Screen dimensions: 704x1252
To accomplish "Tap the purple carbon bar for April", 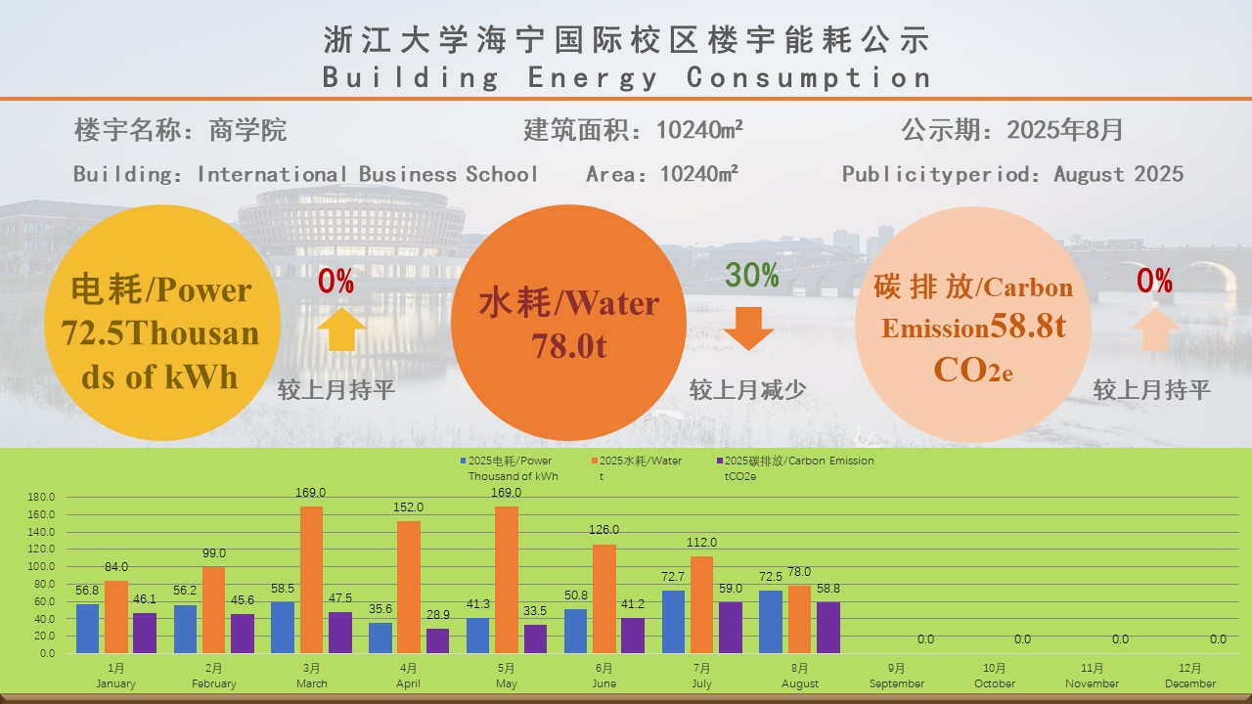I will click(x=437, y=640).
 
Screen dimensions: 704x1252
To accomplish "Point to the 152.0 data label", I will click(x=408, y=507).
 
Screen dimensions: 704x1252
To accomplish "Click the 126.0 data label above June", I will click(x=604, y=530).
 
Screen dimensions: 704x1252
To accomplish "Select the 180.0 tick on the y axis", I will click(x=40, y=497).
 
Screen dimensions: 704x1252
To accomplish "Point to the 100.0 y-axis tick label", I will click(x=40, y=566).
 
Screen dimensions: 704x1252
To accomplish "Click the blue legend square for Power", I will click(x=463, y=461).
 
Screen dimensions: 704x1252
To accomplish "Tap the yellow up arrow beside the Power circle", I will click(x=341, y=329).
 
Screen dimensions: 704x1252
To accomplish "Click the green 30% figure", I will click(x=751, y=276).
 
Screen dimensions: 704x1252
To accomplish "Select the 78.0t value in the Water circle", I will click(x=569, y=345).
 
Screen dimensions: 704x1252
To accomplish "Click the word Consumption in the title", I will click(x=808, y=77).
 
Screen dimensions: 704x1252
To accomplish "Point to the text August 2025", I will click(x=1118, y=174).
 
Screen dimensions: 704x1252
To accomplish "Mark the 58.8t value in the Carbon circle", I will click(x=1027, y=327).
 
